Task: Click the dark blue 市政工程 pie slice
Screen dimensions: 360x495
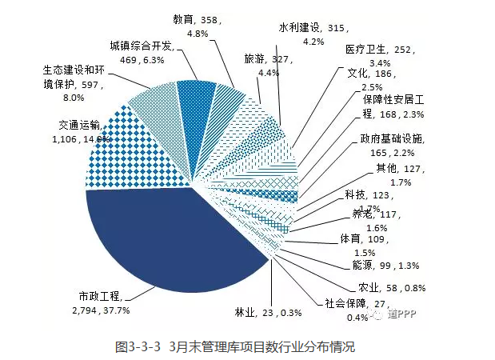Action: click(168, 240)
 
